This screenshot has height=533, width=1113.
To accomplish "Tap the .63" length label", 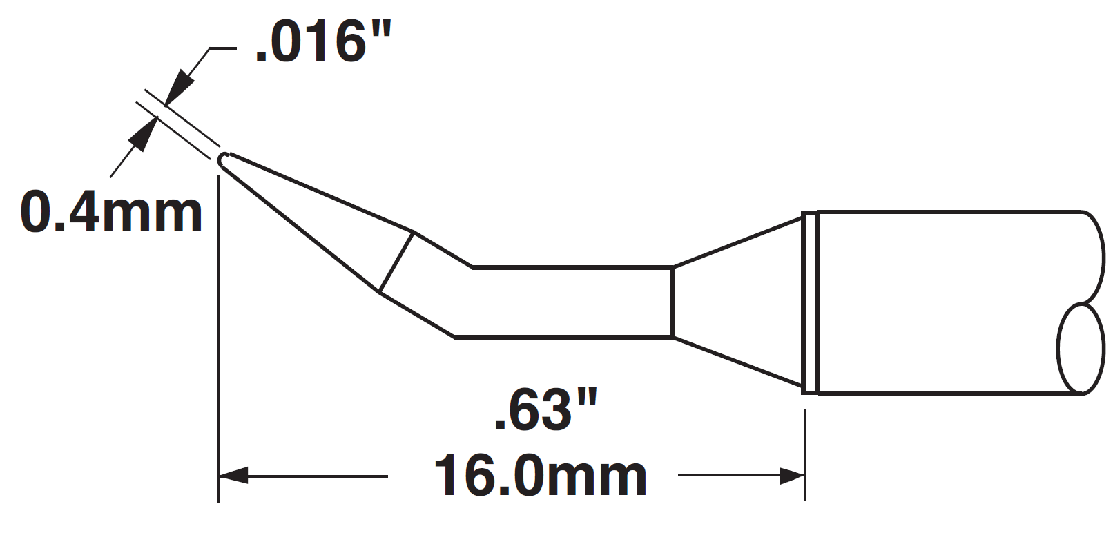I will pos(544,410).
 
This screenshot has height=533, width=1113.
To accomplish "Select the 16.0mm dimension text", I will pos(540,476).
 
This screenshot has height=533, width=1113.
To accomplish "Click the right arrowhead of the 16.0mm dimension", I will pos(791,476).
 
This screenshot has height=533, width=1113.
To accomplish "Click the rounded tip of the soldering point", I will pos(222,160).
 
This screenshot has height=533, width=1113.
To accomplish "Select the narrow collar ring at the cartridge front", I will pos(809,302).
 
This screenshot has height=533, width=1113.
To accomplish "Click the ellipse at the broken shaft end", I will pos(1079,349).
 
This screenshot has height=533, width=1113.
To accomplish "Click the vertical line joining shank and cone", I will pos(672,302).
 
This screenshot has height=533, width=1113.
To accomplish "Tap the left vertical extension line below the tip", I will pos(218,331).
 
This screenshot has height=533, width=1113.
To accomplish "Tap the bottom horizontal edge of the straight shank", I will pos(563,337).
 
